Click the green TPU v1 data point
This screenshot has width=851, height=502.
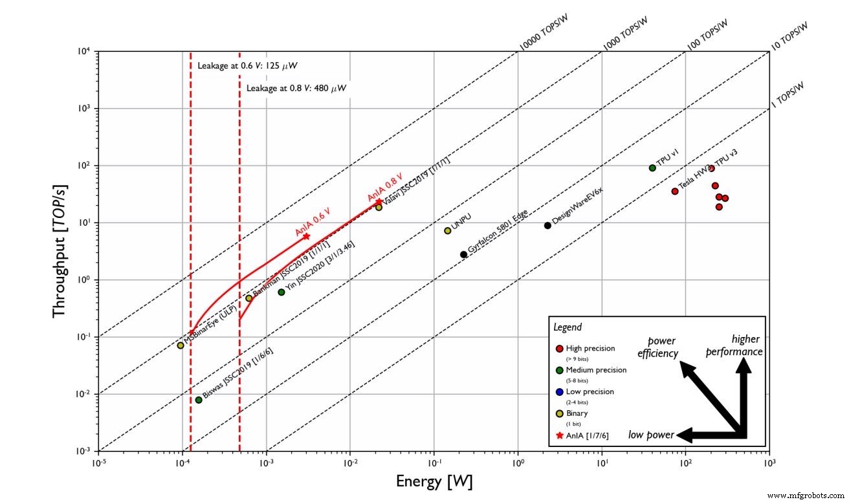click(x=652, y=168)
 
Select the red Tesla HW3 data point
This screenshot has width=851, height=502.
click(x=675, y=191)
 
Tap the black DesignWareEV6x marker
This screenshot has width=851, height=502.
click(x=547, y=226)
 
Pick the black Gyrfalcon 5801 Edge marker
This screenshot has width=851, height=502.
click(x=463, y=254)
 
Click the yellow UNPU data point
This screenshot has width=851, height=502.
click(x=447, y=231)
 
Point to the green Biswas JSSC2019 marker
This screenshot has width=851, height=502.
click(x=199, y=400)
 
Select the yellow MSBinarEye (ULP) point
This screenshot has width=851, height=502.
click(x=181, y=345)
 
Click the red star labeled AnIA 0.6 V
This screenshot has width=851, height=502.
click(x=306, y=236)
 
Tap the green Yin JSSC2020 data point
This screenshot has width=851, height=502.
click(x=282, y=292)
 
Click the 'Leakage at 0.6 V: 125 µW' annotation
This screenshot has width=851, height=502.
click(x=247, y=66)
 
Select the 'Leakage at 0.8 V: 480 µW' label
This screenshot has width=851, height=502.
click(x=297, y=88)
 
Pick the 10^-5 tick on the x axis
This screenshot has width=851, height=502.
click(x=99, y=463)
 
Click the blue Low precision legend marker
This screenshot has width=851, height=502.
click(x=559, y=392)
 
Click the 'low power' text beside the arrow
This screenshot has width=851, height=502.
click(x=651, y=434)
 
